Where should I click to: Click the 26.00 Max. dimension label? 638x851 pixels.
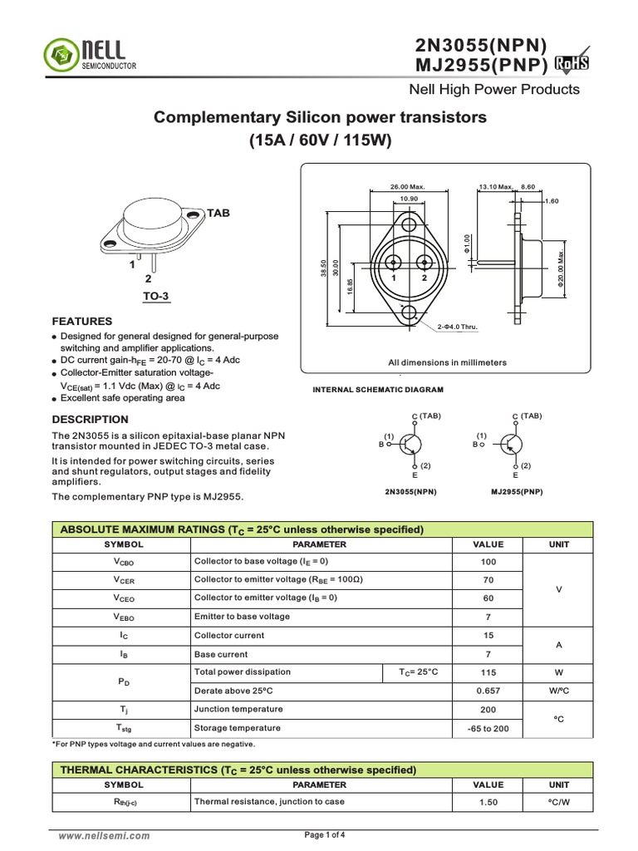pyautogui.click(x=407, y=187)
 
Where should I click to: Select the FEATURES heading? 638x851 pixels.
pyautogui.click(x=82, y=321)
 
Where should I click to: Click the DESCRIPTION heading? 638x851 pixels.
pyautogui.click(x=91, y=420)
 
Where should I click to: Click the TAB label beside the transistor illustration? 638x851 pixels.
pyautogui.click(x=218, y=214)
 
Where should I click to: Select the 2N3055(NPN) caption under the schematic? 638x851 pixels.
pyautogui.click(x=410, y=492)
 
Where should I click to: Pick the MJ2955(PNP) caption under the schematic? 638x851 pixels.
pyautogui.click(x=517, y=492)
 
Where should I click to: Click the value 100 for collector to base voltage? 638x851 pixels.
pyautogui.click(x=488, y=562)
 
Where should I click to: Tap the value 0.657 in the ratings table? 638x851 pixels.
pyautogui.click(x=488, y=691)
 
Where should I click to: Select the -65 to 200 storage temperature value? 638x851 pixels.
pyautogui.click(x=488, y=728)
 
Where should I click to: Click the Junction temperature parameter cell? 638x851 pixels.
pyautogui.click(x=238, y=710)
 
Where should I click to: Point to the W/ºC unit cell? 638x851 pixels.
pyautogui.click(x=558, y=691)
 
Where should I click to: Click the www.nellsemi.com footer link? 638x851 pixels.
pyautogui.click(x=104, y=836)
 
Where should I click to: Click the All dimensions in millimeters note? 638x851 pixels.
pyautogui.click(x=447, y=362)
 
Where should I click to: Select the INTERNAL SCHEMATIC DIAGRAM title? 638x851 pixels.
pyautogui.click(x=377, y=390)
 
